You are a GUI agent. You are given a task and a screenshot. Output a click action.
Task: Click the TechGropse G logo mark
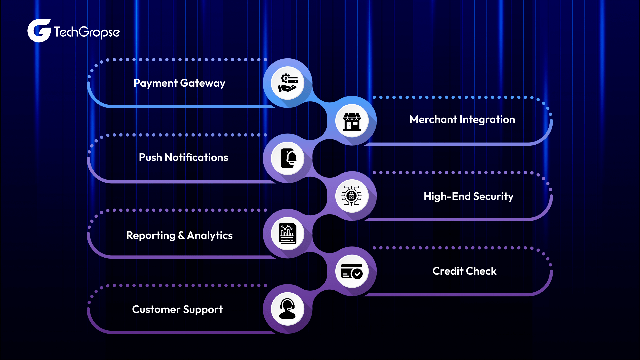tap(39, 31)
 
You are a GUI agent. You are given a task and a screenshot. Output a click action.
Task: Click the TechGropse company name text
tap(87, 32)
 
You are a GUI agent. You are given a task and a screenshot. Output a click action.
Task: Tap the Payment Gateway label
tap(179, 83)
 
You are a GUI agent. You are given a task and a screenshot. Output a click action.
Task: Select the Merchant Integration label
tap(462, 119)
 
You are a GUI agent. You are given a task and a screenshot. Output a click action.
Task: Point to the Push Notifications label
tap(183, 157)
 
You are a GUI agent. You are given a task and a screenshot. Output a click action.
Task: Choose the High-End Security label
tap(468, 196)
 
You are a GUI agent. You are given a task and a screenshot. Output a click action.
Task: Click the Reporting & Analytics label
tap(179, 235)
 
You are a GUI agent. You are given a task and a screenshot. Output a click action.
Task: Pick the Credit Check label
tap(464, 271)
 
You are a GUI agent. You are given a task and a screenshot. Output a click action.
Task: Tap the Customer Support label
tap(177, 309)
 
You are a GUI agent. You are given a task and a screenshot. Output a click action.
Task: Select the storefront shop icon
tap(352, 121)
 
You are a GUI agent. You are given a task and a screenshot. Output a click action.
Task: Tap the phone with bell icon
tap(288, 158)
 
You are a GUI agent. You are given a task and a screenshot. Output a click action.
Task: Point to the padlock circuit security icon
tap(352, 196)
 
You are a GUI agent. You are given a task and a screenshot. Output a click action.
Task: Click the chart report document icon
tap(288, 233)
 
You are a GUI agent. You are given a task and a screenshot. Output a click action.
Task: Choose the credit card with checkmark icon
tap(352, 271)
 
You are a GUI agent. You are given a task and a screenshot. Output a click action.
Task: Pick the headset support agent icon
tap(287, 309)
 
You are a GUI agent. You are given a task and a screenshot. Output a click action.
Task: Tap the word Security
tap(493, 196)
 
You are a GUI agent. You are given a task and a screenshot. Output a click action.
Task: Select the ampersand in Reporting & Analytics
tap(181, 235)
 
